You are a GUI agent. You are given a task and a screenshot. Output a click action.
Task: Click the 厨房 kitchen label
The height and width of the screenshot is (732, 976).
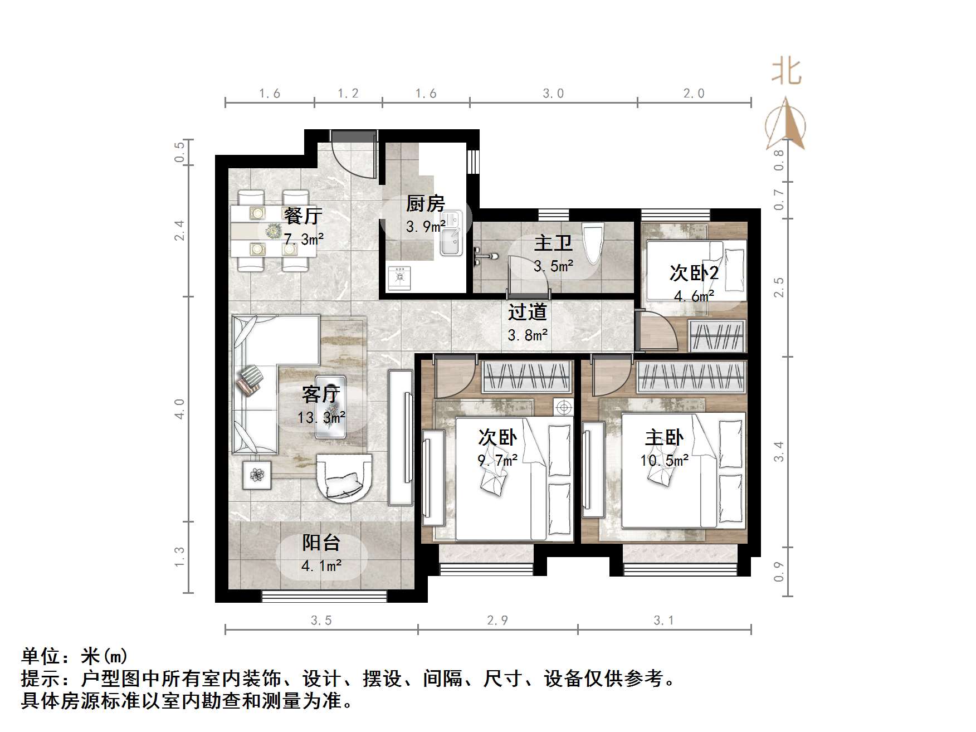click(x=425, y=204)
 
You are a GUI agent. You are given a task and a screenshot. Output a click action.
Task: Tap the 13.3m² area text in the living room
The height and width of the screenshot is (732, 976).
click(x=321, y=417)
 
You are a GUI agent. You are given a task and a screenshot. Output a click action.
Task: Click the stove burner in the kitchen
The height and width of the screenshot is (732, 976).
click(x=399, y=277)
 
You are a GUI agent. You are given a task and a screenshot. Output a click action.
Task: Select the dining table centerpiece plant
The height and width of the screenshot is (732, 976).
click(x=273, y=231)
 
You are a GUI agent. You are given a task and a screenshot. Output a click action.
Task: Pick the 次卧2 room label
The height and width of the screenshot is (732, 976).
click(x=693, y=273)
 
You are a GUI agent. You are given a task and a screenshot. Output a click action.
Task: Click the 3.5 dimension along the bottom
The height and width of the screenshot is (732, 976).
click(x=321, y=621)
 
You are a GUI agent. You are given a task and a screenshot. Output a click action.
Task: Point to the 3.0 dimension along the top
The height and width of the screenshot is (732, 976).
click(x=553, y=94)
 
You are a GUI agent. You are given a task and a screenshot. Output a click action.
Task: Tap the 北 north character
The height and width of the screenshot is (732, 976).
click(x=786, y=72)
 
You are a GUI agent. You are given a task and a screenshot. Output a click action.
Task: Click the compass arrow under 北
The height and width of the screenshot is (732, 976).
click(x=786, y=125)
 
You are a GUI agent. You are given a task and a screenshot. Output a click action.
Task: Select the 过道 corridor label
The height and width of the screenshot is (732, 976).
click(x=527, y=312)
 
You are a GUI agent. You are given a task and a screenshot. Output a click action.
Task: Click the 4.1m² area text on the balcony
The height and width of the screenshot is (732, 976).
click(x=321, y=566)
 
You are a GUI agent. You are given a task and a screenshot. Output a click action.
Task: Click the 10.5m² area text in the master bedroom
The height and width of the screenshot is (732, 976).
click(x=664, y=461)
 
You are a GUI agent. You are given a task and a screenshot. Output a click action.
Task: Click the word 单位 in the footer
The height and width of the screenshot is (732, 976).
click(x=41, y=656)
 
